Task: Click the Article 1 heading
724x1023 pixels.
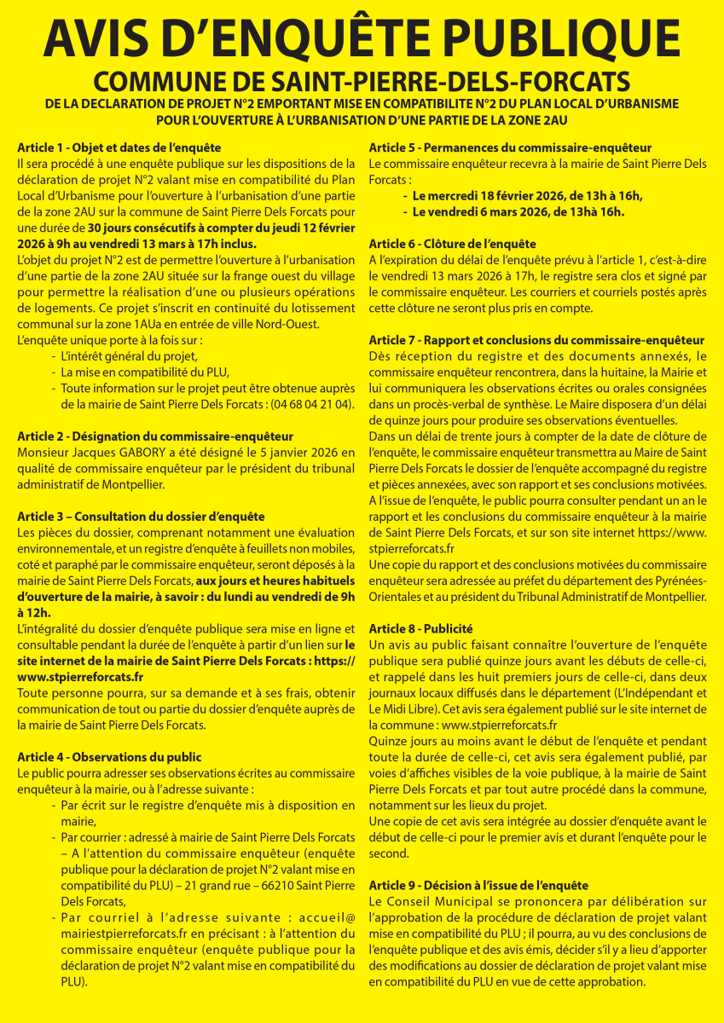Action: pyautogui.click(x=119, y=147)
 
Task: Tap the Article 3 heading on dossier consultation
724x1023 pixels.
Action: pyautogui.click(x=141, y=516)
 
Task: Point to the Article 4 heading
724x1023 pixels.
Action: pyautogui.click(x=109, y=756)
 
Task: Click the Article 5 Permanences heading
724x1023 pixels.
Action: pyautogui.click(x=510, y=147)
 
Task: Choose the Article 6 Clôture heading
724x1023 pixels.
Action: pyautogui.click(x=452, y=244)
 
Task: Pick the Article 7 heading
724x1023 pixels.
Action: pyautogui.click(x=536, y=340)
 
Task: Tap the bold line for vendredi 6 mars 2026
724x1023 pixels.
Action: pyautogui.click(x=518, y=211)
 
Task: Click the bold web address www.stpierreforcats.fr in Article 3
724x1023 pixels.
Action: pyautogui.click(x=80, y=676)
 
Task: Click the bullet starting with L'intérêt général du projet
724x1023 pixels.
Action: pyautogui.click(x=129, y=355)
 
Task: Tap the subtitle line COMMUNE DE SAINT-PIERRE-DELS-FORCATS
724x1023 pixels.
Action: pyautogui.click(x=362, y=82)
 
